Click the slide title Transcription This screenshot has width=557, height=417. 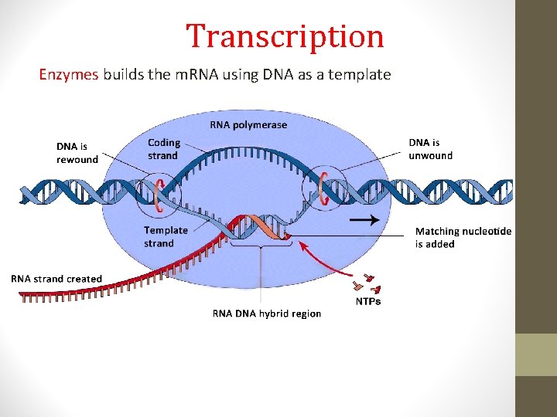coord(285,36)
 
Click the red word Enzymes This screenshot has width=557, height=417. coord(69,75)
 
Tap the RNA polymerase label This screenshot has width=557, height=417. coord(248,125)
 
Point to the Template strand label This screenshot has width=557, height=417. coord(166,236)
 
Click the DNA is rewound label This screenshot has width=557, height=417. coord(77,153)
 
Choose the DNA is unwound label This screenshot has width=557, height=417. coord(430,149)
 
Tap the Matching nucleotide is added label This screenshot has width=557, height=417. coord(463,237)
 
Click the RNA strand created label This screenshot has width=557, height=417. coord(56,279)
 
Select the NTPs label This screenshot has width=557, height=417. coord(367,301)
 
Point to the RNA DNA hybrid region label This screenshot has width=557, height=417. coord(266,314)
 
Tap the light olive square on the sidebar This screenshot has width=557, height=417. coord(536,354)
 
